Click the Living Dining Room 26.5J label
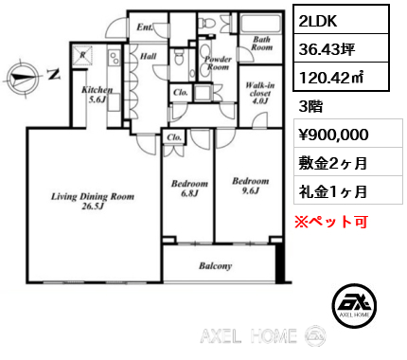tap(93, 201)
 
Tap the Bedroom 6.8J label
tap(189, 189)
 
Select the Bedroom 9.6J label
tap(251, 186)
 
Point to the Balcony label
tap(215, 266)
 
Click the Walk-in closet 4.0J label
tap(260, 93)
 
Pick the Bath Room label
tap(261, 44)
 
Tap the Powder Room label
tap(218, 63)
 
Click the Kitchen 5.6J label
tap(97, 95)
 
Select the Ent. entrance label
tap(145, 27)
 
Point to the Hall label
tap(148, 56)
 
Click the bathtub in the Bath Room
tap(260, 23)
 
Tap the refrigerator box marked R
tap(82, 55)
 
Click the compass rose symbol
tap(23, 77)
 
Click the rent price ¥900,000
tap(333, 135)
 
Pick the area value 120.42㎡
tap(331, 77)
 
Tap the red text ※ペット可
tap(331, 222)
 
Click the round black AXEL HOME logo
tap(354, 305)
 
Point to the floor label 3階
tap(310, 106)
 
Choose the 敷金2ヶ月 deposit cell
tap(348, 163)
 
